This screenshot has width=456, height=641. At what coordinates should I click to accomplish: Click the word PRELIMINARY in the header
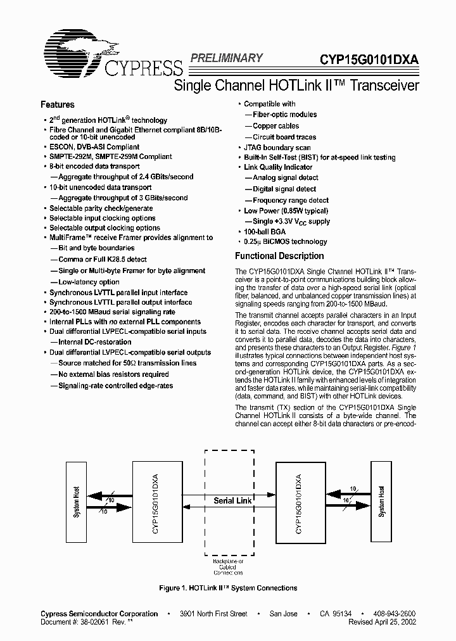(225, 58)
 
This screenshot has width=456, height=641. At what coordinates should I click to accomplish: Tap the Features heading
(58, 105)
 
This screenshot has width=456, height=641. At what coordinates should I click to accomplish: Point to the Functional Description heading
(279, 256)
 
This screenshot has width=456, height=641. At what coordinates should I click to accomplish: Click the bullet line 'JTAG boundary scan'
(277, 146)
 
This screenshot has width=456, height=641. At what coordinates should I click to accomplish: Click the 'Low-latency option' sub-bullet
(88, 282)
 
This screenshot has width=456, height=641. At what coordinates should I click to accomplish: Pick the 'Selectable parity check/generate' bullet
(101, 207)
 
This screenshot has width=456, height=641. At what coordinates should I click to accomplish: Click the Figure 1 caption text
(228, 588)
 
